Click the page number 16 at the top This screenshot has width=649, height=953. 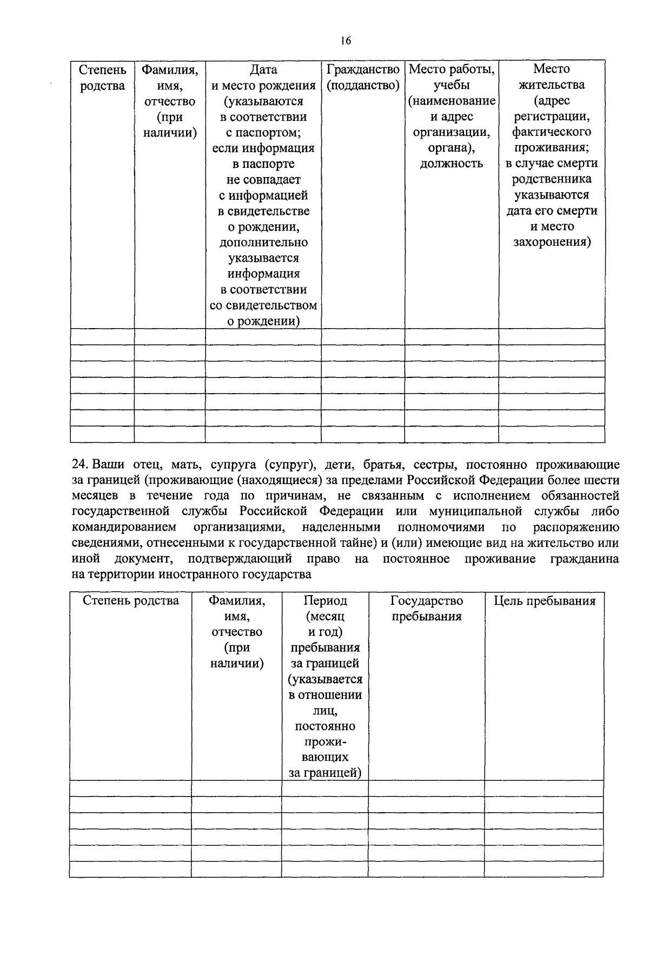click(346, 41)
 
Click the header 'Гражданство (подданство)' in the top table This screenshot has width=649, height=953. click(363, 77)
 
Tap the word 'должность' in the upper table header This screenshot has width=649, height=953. click(451, 164)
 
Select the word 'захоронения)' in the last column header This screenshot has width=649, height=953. click(552, 242)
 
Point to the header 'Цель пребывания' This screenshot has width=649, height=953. click(544, 601)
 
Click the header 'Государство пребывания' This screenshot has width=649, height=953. click(426, 609)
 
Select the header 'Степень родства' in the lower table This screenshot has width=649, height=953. click(130, 601)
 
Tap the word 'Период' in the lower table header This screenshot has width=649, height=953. click(325, 601)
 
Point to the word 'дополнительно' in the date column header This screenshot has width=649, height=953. click(263, 243)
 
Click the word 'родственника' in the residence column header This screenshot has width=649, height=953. click(552, 179)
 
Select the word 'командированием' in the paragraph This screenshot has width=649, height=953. click(124, 527)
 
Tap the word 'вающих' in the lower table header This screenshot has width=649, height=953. click(325, 758)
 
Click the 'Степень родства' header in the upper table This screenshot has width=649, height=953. click(102, 77)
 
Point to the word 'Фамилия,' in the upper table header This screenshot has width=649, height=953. click(169, 70)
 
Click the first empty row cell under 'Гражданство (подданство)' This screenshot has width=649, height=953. click(363, 336)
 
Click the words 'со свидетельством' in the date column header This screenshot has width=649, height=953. click(263, 305)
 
